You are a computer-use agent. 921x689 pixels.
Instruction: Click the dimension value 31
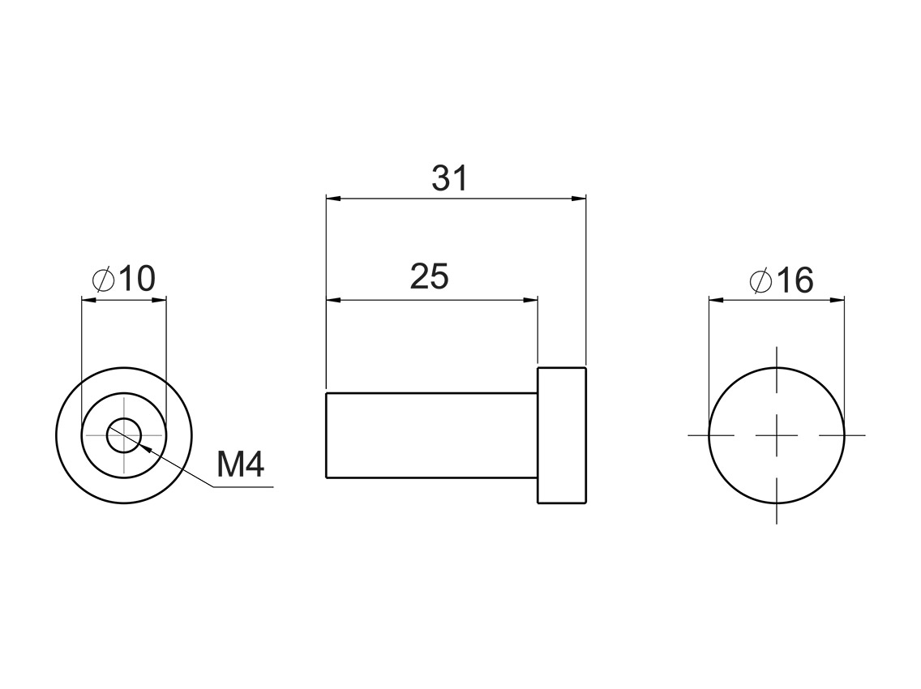(x=449, y=178)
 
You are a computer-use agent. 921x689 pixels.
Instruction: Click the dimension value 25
(x=429, y=277)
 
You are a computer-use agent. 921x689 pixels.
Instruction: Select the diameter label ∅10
(x=123, y=280)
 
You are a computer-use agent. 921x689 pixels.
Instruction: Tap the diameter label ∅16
(x=781, y=280)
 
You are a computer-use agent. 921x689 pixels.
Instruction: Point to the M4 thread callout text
(x=241, y=465)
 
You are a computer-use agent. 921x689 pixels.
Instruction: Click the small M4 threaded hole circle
(x=124, y=434)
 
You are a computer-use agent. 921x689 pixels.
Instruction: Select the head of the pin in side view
(x=561, y=434)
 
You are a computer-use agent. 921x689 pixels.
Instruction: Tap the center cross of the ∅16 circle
(x=777, y=435)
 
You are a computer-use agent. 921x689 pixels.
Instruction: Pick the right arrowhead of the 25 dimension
(x=531, y=300)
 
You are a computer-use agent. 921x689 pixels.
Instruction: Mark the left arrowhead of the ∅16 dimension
(x=716, y=300)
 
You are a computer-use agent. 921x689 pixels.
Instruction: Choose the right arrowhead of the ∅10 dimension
(x=160, y=300)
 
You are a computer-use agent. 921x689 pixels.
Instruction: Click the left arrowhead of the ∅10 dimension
(x=88, y=300)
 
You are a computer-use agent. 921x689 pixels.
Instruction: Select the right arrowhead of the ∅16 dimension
(x=837, y=300)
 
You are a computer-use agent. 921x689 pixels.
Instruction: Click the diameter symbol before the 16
(x=760, y=281)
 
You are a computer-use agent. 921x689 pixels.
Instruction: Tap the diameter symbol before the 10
(x=103, y=280)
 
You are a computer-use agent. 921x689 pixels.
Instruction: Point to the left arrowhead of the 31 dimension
(x=332, y=198)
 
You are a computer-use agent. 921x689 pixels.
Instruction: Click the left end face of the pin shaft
(x=326, y=434)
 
